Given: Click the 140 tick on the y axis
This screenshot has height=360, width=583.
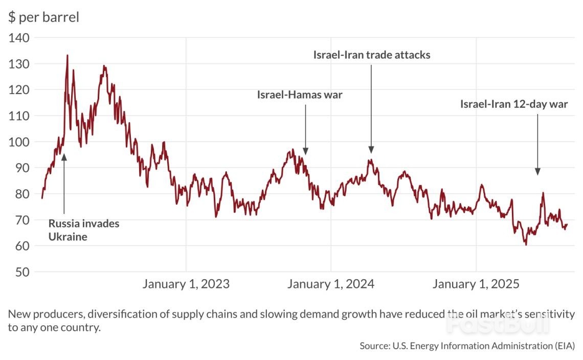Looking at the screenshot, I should (19, 38).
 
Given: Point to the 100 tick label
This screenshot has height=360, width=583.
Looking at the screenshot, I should (19, 142).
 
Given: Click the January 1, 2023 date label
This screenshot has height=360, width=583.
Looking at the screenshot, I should (186, 284).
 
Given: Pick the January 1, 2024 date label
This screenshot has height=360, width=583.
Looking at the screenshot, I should (331, 284).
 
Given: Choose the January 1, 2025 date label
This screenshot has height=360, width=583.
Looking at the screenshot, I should (476, 284).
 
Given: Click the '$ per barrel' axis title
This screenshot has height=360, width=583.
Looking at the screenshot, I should (43, 17).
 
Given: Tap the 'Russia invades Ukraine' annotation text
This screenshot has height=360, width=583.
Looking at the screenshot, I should (84, 230).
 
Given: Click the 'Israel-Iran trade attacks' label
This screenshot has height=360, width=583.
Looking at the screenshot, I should (372, 55).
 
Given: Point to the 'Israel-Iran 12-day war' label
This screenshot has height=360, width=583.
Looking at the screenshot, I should (514, 105).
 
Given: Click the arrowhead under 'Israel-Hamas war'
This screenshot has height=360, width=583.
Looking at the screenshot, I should (305, 151).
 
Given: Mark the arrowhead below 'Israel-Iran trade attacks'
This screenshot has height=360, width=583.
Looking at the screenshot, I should (371, 149).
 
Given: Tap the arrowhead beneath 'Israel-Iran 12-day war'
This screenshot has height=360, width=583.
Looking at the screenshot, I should (537, 171).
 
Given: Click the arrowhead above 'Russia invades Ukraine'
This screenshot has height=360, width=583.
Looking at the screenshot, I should (64, 156).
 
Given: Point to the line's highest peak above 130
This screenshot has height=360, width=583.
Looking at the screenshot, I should (67, 55).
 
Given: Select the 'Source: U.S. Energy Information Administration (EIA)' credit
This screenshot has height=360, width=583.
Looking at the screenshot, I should (467, 346).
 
